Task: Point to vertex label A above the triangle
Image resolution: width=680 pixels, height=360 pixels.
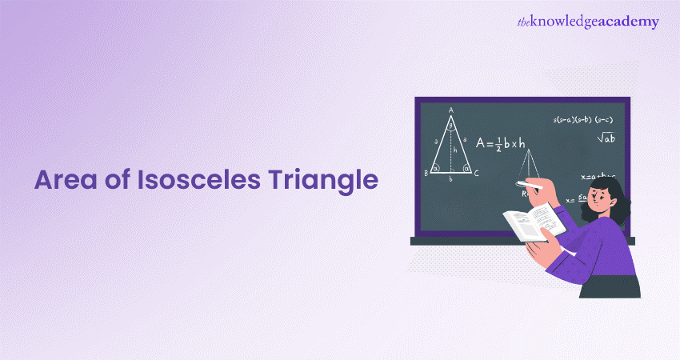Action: click(x=451, y=110)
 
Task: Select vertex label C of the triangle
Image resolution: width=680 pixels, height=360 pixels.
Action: click(x=477, y=172)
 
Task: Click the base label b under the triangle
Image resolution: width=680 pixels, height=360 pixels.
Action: click(x=450, y=180)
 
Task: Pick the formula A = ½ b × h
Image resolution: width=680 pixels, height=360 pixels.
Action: click(x=501, y=143)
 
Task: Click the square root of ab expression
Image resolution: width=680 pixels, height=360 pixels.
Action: click(x=606, y=138)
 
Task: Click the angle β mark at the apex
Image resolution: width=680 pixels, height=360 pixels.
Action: click(x=451, y=126)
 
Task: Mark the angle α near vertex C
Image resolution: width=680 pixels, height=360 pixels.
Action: click(x=466, y=168)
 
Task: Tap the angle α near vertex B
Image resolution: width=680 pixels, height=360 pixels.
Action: click(x=436, y=168)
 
